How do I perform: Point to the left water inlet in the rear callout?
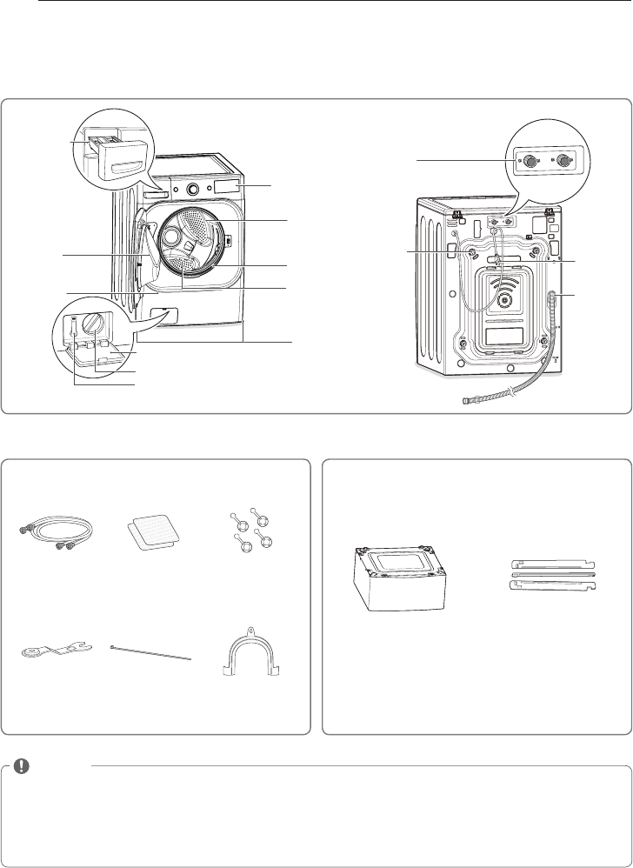(528, 161)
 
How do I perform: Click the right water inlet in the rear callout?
(566, 161)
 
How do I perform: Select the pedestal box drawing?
(395, 578)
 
